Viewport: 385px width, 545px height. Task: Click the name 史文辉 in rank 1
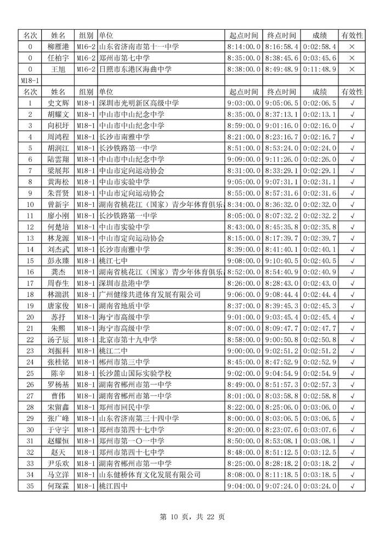tap(58, 103)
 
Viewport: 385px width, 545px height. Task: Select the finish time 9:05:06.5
tap(281, 103)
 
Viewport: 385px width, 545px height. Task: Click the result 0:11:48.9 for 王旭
tap(319, 69)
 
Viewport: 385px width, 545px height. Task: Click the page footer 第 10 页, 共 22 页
tap(192, 516)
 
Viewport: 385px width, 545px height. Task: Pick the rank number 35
tap(30, 486)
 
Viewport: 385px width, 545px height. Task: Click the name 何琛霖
tap(58, 486)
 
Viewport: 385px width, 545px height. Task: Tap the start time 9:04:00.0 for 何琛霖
tap(244, 486)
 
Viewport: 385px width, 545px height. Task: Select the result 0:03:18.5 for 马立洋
tap(319, 474)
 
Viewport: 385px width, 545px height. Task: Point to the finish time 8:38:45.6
tap(281, 58)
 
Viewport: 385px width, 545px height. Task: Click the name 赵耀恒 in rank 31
tap(58, 441)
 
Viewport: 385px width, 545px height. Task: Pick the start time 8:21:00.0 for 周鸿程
tap(244, 137)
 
